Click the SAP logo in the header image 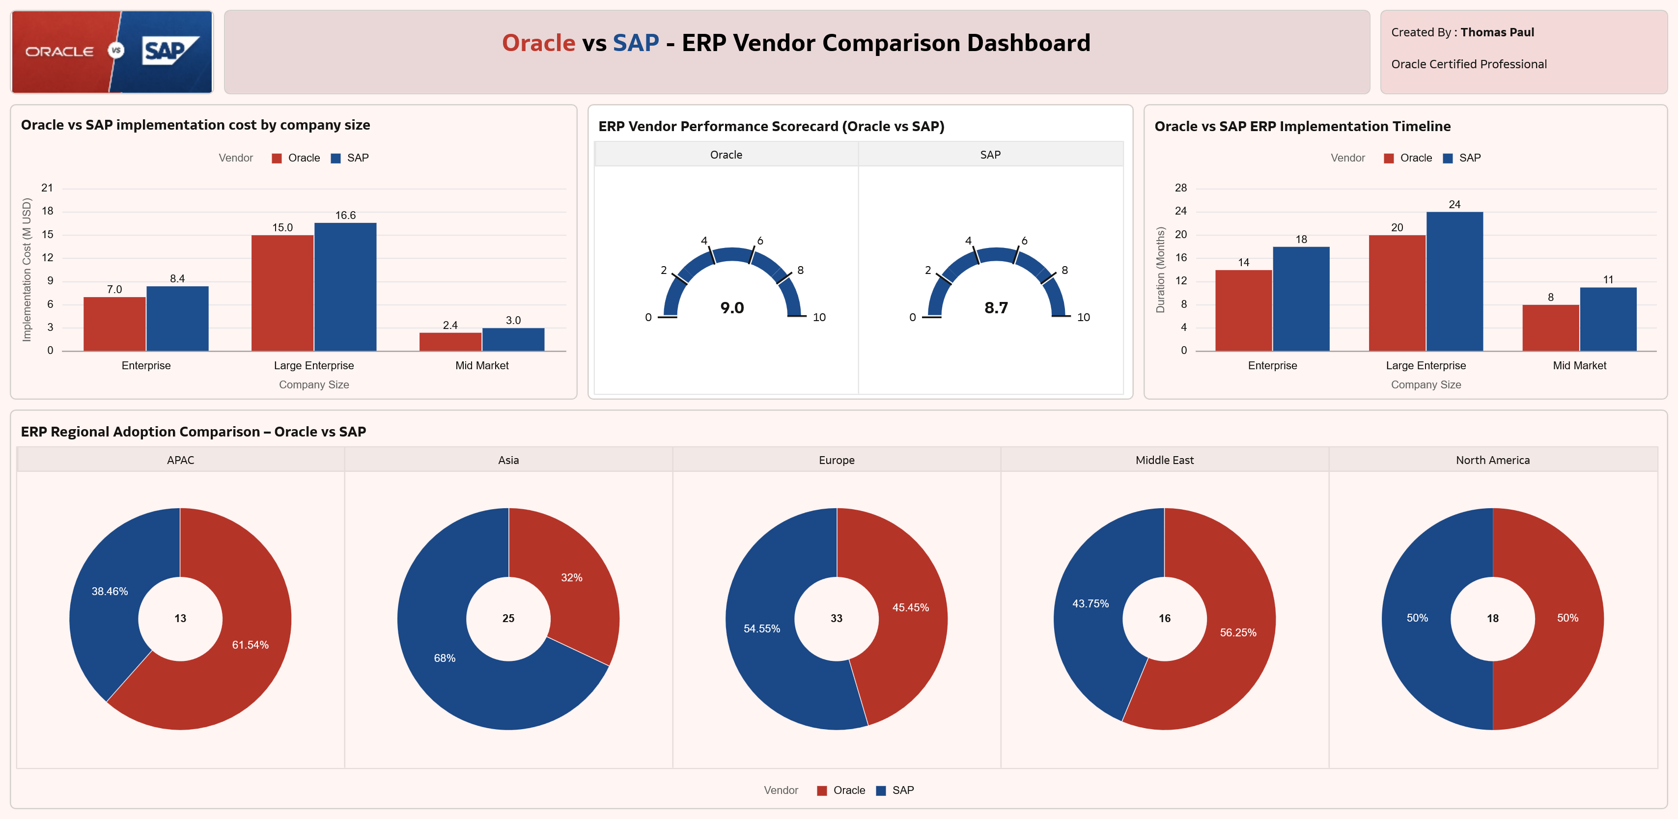168,51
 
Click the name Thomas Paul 1497,32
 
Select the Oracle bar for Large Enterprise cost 282,293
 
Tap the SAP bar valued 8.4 177,318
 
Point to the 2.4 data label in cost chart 450,326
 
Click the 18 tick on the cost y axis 48,211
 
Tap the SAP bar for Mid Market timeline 1608,319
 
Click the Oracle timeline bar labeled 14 1243,310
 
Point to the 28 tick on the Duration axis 1180,188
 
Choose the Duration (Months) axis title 1160,270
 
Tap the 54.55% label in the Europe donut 761,629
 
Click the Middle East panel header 1164,460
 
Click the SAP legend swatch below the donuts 881,791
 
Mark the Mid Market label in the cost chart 481,366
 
